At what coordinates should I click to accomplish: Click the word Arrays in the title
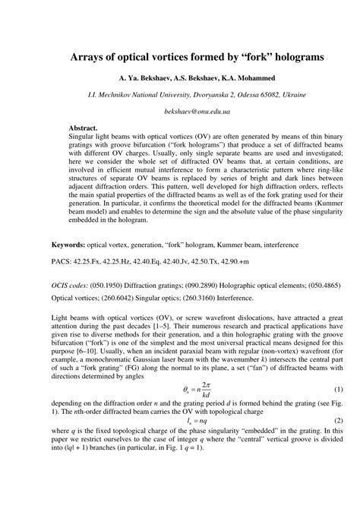(x=90, y=56)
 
